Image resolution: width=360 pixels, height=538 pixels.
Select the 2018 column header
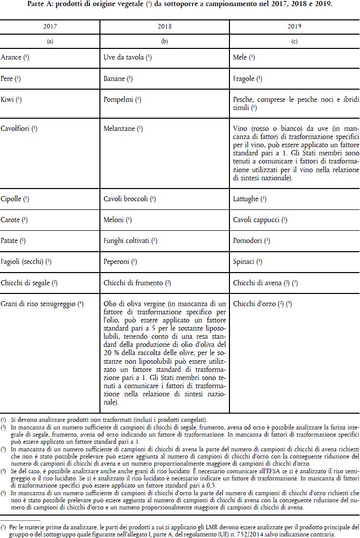pyautogui.click(x=164, y=25)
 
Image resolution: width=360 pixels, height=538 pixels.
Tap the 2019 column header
pyautogui.click(x=294, y=25)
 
